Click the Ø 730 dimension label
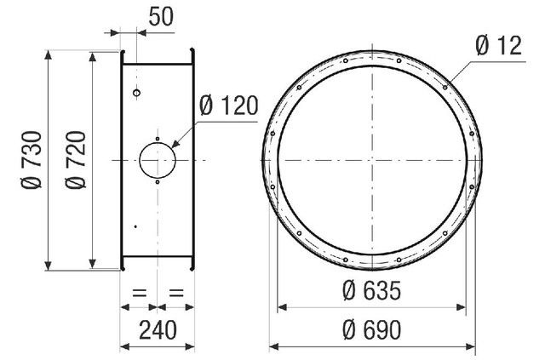tap(32, 160)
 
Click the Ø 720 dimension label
tap(76, 160)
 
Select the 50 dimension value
tap(161, 16)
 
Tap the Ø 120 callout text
tap(229, 106)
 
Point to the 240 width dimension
tap(158, 329)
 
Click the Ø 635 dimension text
tap(371, 290)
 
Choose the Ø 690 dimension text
tap(371, 330)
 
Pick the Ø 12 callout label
tap(499, 45)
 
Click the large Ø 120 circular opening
tap(158, 160)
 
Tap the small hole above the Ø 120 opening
tap(158, 139)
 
